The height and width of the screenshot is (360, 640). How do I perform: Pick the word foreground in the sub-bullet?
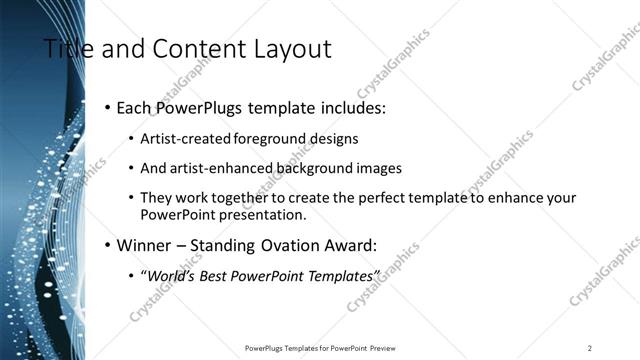267,139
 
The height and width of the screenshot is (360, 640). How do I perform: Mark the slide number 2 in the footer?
590,347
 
